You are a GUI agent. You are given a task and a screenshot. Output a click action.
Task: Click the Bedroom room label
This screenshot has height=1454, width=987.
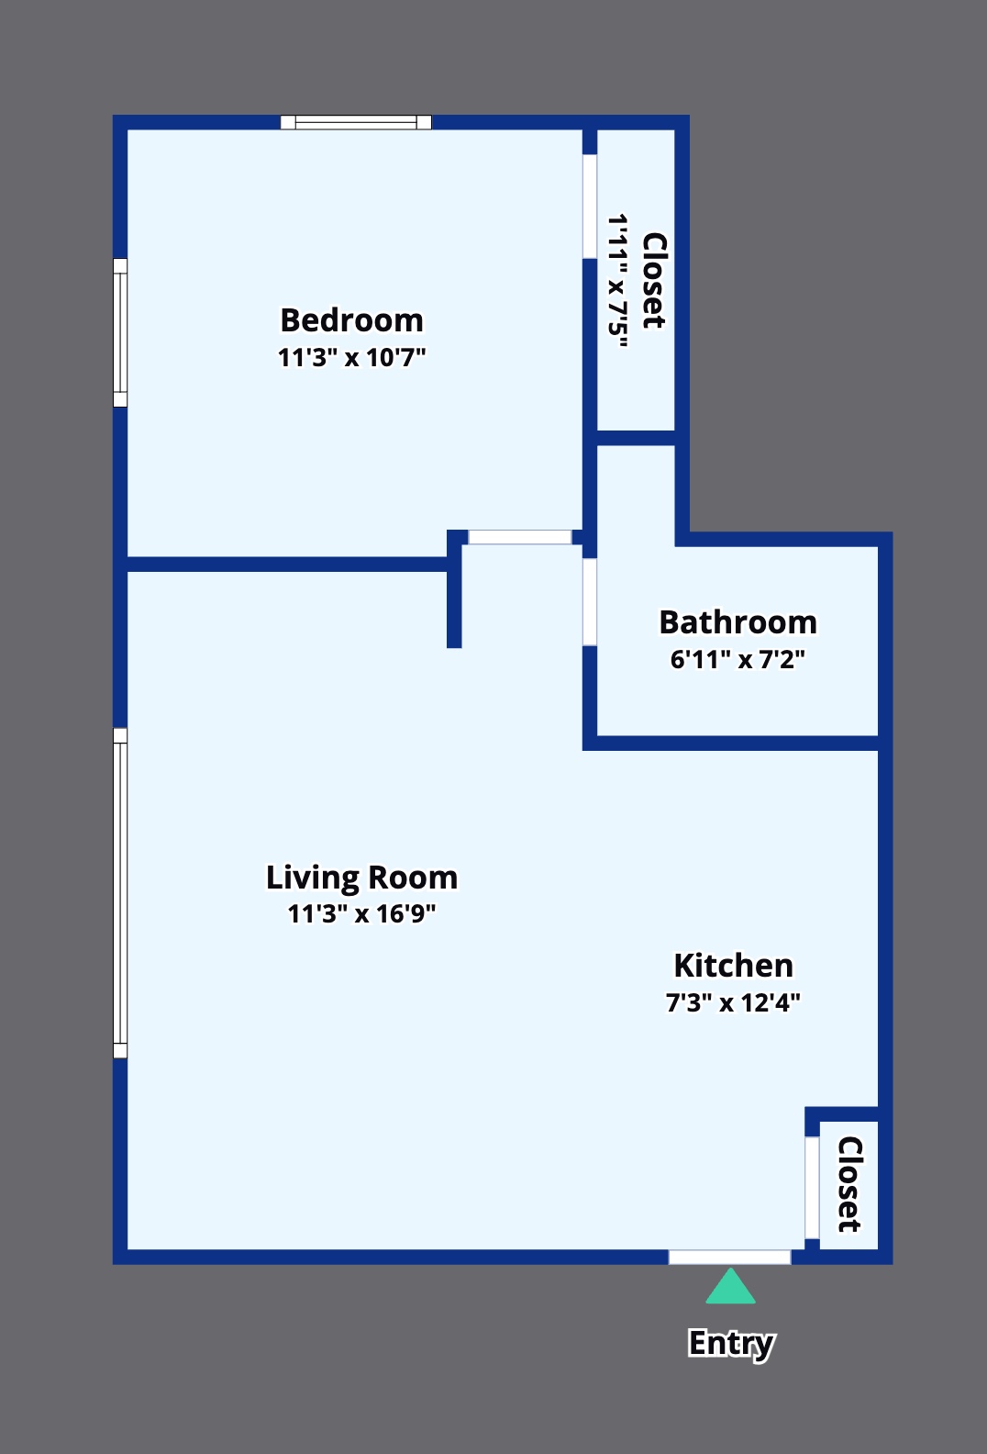point(351,320)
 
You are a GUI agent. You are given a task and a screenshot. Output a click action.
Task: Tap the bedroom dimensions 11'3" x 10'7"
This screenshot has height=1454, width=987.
point(351,357)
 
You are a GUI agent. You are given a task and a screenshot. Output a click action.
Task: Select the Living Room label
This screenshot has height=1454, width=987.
point(361,878)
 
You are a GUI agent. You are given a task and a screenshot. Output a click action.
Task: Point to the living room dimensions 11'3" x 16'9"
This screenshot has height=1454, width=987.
point(361,913)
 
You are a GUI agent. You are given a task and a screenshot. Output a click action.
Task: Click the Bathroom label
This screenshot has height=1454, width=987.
point(738,621)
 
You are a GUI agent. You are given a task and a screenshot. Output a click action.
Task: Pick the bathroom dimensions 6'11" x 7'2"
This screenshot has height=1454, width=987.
point(738,659)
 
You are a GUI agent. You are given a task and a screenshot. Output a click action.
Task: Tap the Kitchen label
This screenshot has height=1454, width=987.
point(734,966)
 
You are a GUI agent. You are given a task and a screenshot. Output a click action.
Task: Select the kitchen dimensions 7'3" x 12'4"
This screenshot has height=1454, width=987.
point(734,1002)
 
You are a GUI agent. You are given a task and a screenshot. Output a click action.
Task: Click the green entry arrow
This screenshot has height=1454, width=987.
point(730,1286)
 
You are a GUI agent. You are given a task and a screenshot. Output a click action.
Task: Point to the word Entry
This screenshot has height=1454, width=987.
point(731,1343)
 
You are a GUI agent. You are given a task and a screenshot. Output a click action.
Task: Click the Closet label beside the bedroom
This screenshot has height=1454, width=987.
point(654,280)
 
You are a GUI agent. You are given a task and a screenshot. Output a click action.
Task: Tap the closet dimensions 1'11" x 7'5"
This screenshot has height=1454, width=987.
point(618,280)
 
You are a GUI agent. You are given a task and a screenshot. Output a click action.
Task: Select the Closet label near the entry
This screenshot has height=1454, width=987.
point(849,1184)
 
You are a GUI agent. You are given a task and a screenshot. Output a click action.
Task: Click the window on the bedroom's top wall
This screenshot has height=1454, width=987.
point(356,122)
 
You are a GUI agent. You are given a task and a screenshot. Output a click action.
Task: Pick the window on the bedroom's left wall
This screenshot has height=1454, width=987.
point(120,332)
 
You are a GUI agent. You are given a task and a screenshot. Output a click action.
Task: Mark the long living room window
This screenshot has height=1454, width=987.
point(120,893)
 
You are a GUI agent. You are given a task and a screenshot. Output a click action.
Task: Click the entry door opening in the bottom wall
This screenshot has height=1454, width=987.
point(729,1257)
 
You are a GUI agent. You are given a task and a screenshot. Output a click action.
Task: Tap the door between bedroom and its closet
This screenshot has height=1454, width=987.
point(590,207)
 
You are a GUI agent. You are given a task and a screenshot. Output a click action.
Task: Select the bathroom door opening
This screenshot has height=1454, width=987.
point(590,602)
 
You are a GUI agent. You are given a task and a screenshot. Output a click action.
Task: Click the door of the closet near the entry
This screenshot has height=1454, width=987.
point(812,1187)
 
